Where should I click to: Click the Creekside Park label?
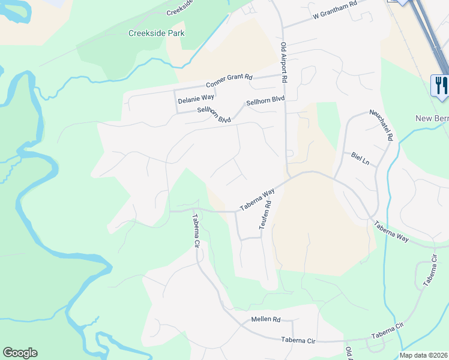pyautogui.click(x=156, y=33)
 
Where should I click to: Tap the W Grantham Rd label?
pyautogui.click(x=335, y=19)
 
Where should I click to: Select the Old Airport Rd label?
pyautogui.click(x=284, y=63)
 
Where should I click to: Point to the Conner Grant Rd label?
pyautogui.click(x=229, y=81)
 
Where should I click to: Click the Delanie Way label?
pyautogui.click(x=196, y=97)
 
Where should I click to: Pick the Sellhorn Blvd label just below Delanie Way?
pyautogui.click(x=214, y=115)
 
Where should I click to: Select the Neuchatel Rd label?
pyautogui.click(x=381, y=125)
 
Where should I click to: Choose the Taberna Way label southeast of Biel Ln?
pyautogui.click(x=391, y=232)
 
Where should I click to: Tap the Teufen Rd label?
pyautogui.click(x=265, y=214)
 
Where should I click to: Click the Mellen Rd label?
pyautogui.click(x=266, y=320)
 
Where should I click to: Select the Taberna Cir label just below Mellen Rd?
pyautogui.click(x=298, y=340)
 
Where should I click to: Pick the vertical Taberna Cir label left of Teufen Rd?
pyautogui.click(x=195, y=231)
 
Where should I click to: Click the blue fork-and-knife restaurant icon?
pyautogui.click(x=440, y=85)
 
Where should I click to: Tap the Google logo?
pyautogui.click(x=20, y=353)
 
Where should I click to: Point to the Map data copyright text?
pyautogui.click(x=424, y=355)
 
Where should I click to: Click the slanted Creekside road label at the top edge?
pyautogui.click(x=181, y=8)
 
